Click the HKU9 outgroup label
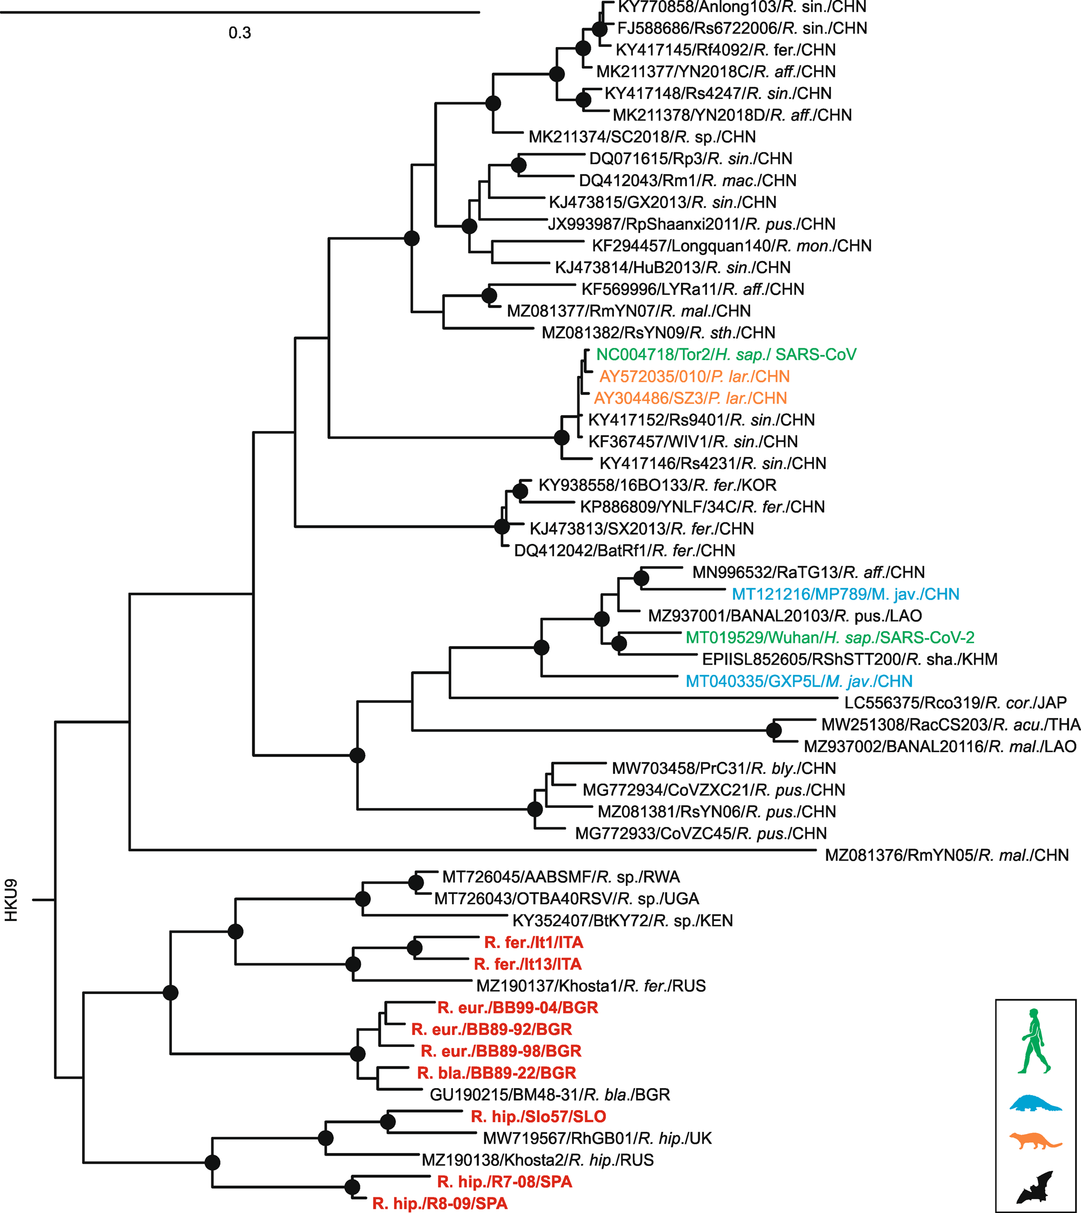(x=12, y=900)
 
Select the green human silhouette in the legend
(x=1035, y=1040)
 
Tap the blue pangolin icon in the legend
(x=1035, y=1104)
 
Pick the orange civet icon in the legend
(x=1035, y=1141)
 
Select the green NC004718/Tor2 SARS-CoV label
(x=726, y=355)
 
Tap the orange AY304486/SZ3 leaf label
(x=690, y=398)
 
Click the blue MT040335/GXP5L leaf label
(x=799, y=681)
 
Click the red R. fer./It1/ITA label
(x=533, y=943)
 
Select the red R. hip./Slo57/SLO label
(x=538, y=1117)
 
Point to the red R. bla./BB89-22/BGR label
(x=497, y=1073)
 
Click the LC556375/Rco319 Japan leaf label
(x=955, y=703)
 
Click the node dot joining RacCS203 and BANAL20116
(x=773, y=730)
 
